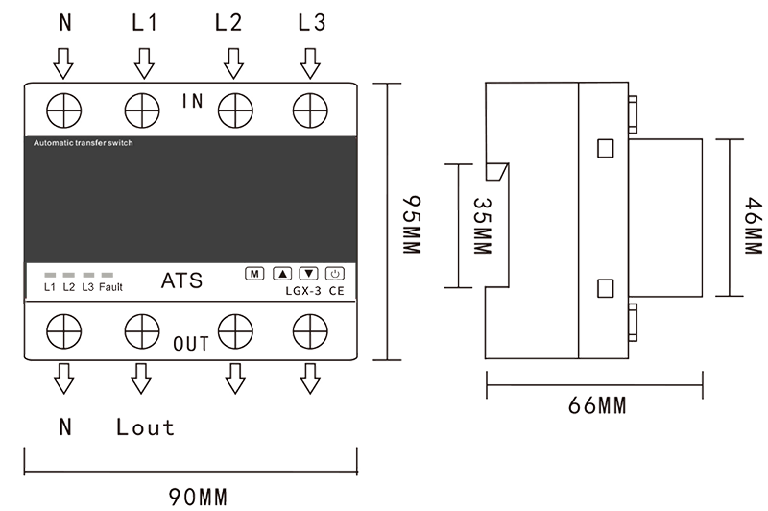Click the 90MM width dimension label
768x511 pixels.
(199, 497)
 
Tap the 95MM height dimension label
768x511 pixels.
(412, 225)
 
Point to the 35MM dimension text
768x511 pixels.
(482, 226)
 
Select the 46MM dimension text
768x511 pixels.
(754, 226)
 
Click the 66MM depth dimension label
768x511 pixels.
(597, 405)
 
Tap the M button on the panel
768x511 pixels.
(254, 274)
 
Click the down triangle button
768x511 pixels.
(308, 274)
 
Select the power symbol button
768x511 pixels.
(335, 274)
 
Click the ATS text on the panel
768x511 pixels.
(181, 280)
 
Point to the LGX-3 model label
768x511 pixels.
(303, 291)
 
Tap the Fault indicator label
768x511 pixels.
(110, 287)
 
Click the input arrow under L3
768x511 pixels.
(310, 63)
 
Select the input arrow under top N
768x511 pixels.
(63, 63)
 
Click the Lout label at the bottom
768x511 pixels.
(146, 427)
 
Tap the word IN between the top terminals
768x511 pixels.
(193, 101)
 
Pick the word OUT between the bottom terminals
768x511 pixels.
(191, 344)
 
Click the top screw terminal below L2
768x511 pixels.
(235, 110)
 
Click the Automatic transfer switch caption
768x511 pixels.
(84, 143)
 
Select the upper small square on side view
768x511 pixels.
(606, 149)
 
